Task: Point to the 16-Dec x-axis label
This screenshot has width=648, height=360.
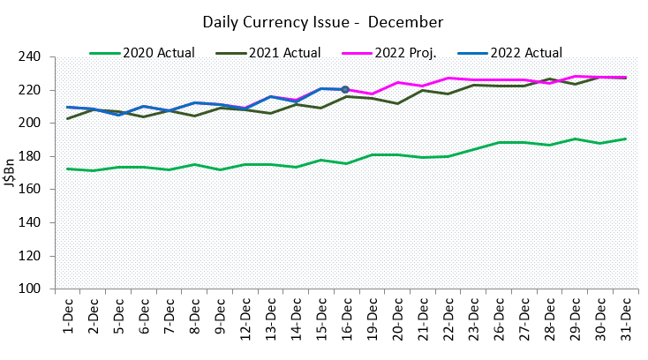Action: (x=346, y=319)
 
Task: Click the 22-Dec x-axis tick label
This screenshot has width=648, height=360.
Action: (x=448, y=319)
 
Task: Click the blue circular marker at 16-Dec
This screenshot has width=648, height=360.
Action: (x=345, y=89)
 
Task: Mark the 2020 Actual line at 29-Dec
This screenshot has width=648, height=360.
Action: (x=576, y=139)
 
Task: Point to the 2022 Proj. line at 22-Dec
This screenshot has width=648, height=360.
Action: (x=448, y=79)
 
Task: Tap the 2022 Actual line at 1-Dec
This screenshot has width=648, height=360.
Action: (x=67, y=107)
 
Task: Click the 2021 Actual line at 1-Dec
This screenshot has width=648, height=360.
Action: (x=67, y=118)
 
